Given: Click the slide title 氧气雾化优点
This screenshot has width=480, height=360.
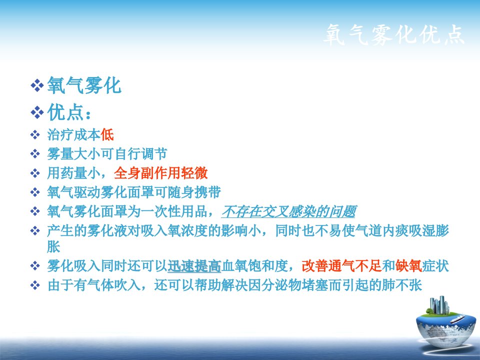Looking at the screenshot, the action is [x=393, y=34].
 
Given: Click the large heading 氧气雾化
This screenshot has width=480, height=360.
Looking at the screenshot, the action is [x=84, y=85].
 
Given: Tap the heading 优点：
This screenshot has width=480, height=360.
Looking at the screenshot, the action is [x=69, y=112].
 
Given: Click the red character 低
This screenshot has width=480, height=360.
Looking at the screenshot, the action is [x=107, y=134].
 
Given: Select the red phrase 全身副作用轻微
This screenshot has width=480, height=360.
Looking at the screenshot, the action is [x=160, y=173].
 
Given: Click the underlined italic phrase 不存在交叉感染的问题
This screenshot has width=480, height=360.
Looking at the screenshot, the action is [x=288, y=211].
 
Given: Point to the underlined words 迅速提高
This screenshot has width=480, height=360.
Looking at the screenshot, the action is [x=194, y=265].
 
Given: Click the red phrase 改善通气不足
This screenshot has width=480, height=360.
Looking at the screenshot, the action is [x=341, y=265].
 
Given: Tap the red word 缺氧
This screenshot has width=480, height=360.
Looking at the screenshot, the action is [x=408, y=265].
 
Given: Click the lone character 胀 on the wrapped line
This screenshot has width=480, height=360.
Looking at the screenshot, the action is [x=53, y=246].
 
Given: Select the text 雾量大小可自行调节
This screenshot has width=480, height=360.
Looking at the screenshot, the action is [x=107, y=153].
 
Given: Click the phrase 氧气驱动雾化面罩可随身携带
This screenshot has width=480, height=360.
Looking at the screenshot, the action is [x=134, y=192].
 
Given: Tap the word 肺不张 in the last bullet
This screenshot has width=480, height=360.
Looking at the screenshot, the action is [x=402, y=285].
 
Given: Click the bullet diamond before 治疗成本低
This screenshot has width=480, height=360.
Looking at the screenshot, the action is [x=35, y=134].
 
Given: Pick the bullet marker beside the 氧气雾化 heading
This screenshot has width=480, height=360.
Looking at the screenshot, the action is [x=37, y=85].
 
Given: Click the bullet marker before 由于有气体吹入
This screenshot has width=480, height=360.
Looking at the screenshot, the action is [x=35, y=285].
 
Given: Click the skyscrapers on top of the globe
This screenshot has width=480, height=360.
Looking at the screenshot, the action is [x=439, y=305].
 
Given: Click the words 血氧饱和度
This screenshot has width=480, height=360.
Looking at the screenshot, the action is [x=254, y=265].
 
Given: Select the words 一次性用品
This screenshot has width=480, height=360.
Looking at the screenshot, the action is [x=174, y=211].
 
